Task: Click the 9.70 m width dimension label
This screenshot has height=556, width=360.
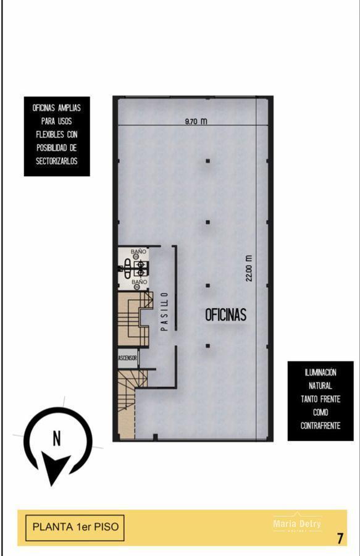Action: (x=196, y=122)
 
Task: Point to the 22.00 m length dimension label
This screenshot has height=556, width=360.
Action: (x=249, y=268)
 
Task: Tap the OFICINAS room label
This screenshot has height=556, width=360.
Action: (x=225, y=314)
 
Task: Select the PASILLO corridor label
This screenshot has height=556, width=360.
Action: (x=164, y=312)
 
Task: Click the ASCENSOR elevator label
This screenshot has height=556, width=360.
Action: (x=128, y=358)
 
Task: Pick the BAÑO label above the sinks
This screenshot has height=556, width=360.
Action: (x=139, y=251)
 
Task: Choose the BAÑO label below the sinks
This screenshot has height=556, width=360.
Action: (x=140, y=282)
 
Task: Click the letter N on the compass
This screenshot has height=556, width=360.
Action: (x=56, y=439)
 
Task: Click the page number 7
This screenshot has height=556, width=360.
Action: (x=340, y=538)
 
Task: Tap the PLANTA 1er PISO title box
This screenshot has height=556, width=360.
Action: (x=75, y=528)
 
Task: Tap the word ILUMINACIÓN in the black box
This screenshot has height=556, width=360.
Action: (x=320, y=373)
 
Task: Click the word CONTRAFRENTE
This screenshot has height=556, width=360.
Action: (x=320, y=426)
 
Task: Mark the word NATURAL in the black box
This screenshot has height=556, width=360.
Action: (x=320, y=386)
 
